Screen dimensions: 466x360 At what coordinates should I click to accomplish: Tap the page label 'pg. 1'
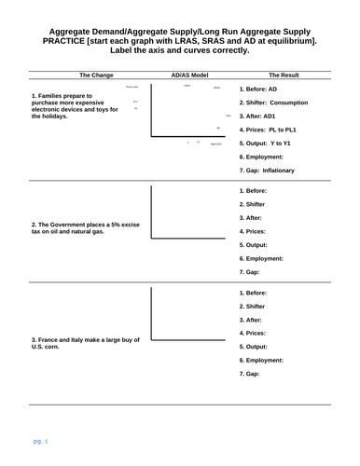(41, 438)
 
